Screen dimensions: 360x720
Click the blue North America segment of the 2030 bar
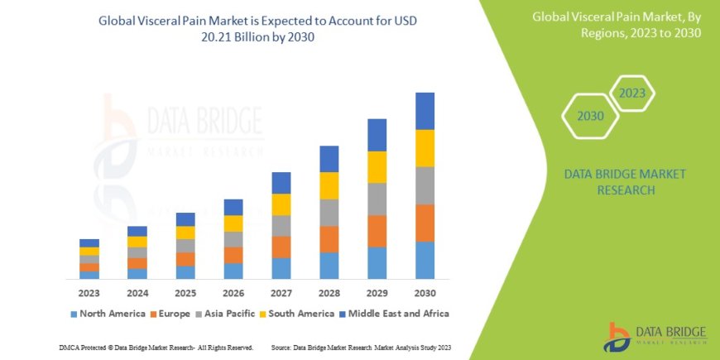425,260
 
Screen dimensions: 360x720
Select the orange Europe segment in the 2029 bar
377,231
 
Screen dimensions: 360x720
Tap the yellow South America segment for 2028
329,185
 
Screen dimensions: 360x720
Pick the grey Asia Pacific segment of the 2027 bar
281,226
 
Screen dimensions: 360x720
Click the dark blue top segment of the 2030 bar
425,111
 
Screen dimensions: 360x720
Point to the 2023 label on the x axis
89,294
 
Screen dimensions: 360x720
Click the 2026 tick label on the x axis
233,294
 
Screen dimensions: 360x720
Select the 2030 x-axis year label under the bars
425,294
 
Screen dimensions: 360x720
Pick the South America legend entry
301,314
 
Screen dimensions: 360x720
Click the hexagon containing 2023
632,93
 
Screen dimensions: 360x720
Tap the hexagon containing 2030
590,116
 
